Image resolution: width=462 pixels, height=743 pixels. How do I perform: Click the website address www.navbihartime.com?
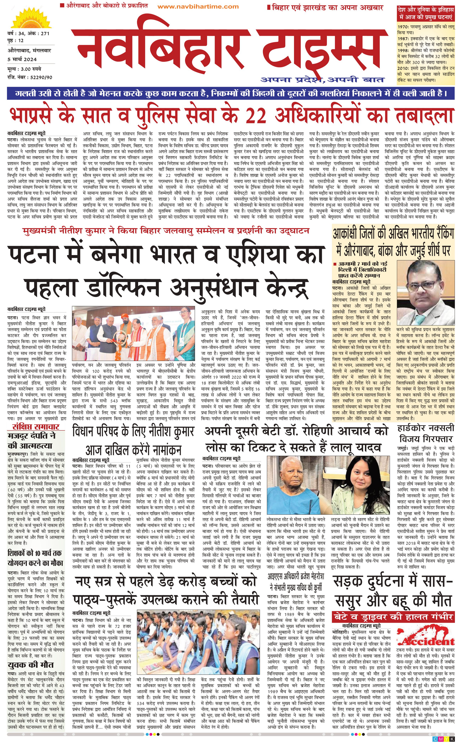[198, 6]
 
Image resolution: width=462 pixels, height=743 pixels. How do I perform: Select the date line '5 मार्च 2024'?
[22, 59]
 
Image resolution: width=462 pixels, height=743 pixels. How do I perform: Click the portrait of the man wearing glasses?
[425, 293]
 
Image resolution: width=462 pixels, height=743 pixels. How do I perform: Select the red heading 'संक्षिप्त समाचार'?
[36, 426]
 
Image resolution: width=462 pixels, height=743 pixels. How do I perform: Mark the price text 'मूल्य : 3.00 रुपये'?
[24, 69]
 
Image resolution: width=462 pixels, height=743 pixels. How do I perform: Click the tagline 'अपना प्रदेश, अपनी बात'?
[322, 80]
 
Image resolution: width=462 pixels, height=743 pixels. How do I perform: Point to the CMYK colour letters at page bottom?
[443, 739]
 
